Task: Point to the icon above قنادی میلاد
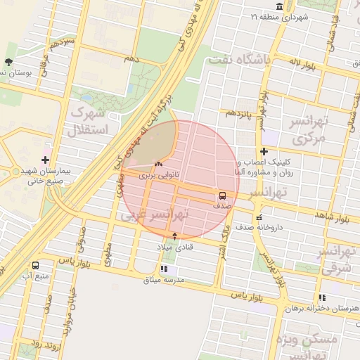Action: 175,236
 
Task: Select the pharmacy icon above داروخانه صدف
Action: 259,217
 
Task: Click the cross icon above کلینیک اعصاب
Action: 264,151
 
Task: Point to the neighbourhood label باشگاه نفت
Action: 239,60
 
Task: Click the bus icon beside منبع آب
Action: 35,265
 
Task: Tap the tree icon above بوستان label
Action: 8,63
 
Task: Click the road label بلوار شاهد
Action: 331,217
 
